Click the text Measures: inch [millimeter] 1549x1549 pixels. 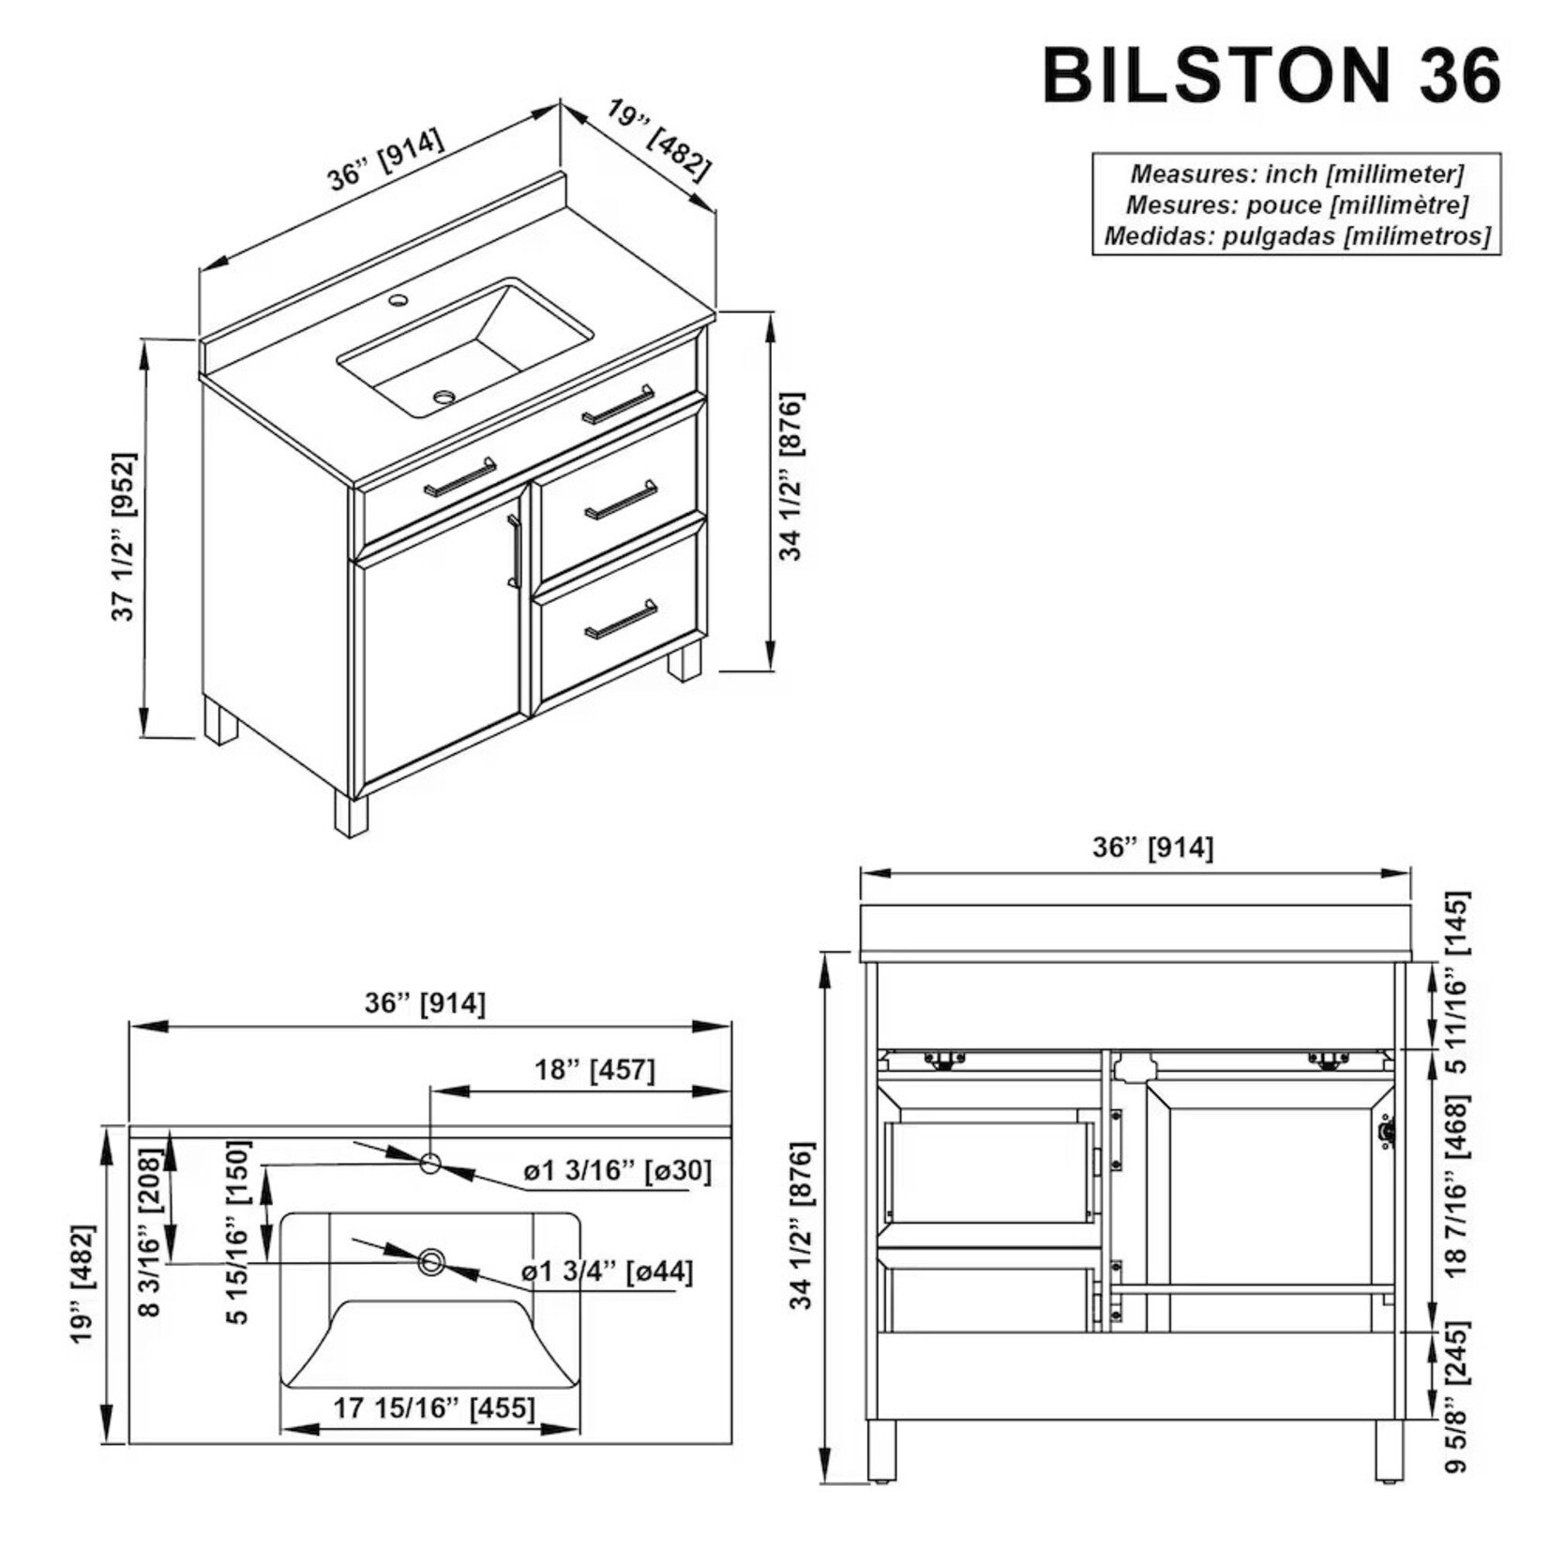[x=1297, y=173]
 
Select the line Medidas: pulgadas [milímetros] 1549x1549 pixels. [x=1297, y=235]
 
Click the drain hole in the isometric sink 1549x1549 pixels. [x=444, y=397]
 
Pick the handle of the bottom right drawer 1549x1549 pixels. [x=621, y=620]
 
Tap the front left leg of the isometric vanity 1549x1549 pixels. [x=351, y=815]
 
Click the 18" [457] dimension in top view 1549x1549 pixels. [x=594, y=1070]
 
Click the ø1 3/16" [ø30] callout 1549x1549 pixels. [x=617, y=1171]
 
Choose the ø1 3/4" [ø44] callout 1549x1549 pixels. [x=608, y=1272]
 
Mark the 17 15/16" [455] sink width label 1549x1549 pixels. [x=434, y=1408]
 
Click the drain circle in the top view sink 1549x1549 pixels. [x=431, y=1262]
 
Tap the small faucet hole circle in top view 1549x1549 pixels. [x=430, y=1164]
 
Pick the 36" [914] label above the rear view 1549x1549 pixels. [x=1152, y=848]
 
